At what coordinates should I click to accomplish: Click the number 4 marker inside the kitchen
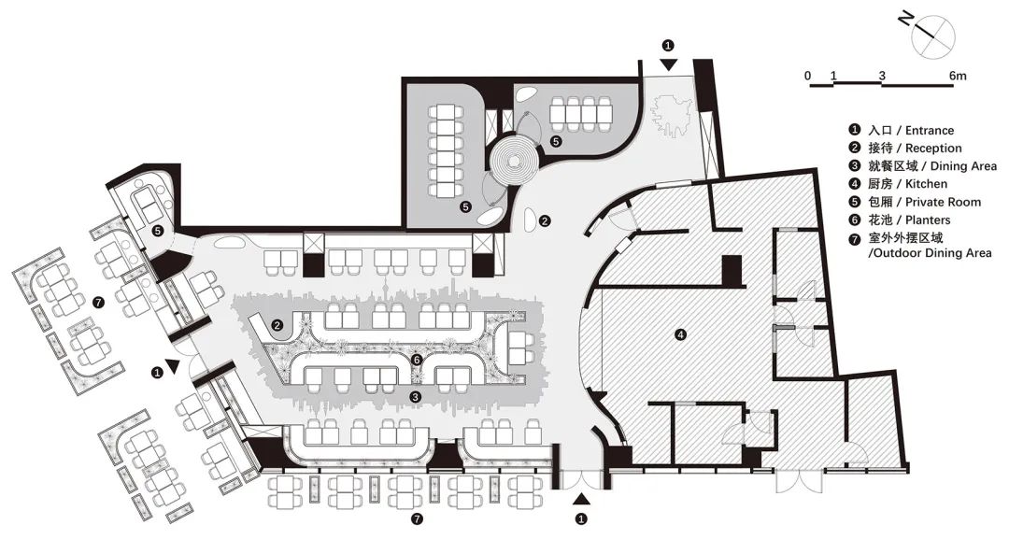pos(680,333)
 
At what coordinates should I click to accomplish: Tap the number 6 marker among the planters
pos(419,359)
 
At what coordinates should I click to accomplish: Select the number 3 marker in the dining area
pos(415,397)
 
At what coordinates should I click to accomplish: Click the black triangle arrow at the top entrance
pos(669,64)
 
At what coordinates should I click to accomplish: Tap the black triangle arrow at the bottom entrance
pos(581,499)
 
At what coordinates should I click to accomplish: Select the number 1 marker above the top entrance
pos(668,44)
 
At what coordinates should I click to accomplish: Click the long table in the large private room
pos(446,147)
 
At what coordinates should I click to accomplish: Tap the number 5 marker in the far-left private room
pos(158,230)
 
